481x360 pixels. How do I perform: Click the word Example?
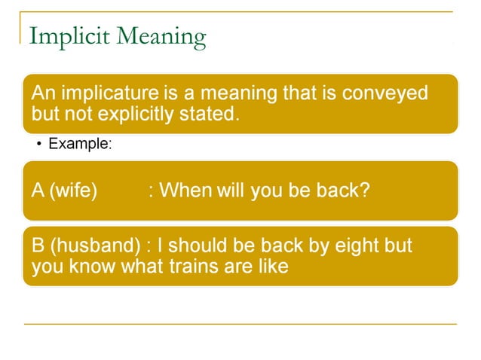coord(79,143)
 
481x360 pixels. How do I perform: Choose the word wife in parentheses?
coord(73,190)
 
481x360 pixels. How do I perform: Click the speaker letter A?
coord(38,190)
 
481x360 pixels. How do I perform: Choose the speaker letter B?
coord(38,246)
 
